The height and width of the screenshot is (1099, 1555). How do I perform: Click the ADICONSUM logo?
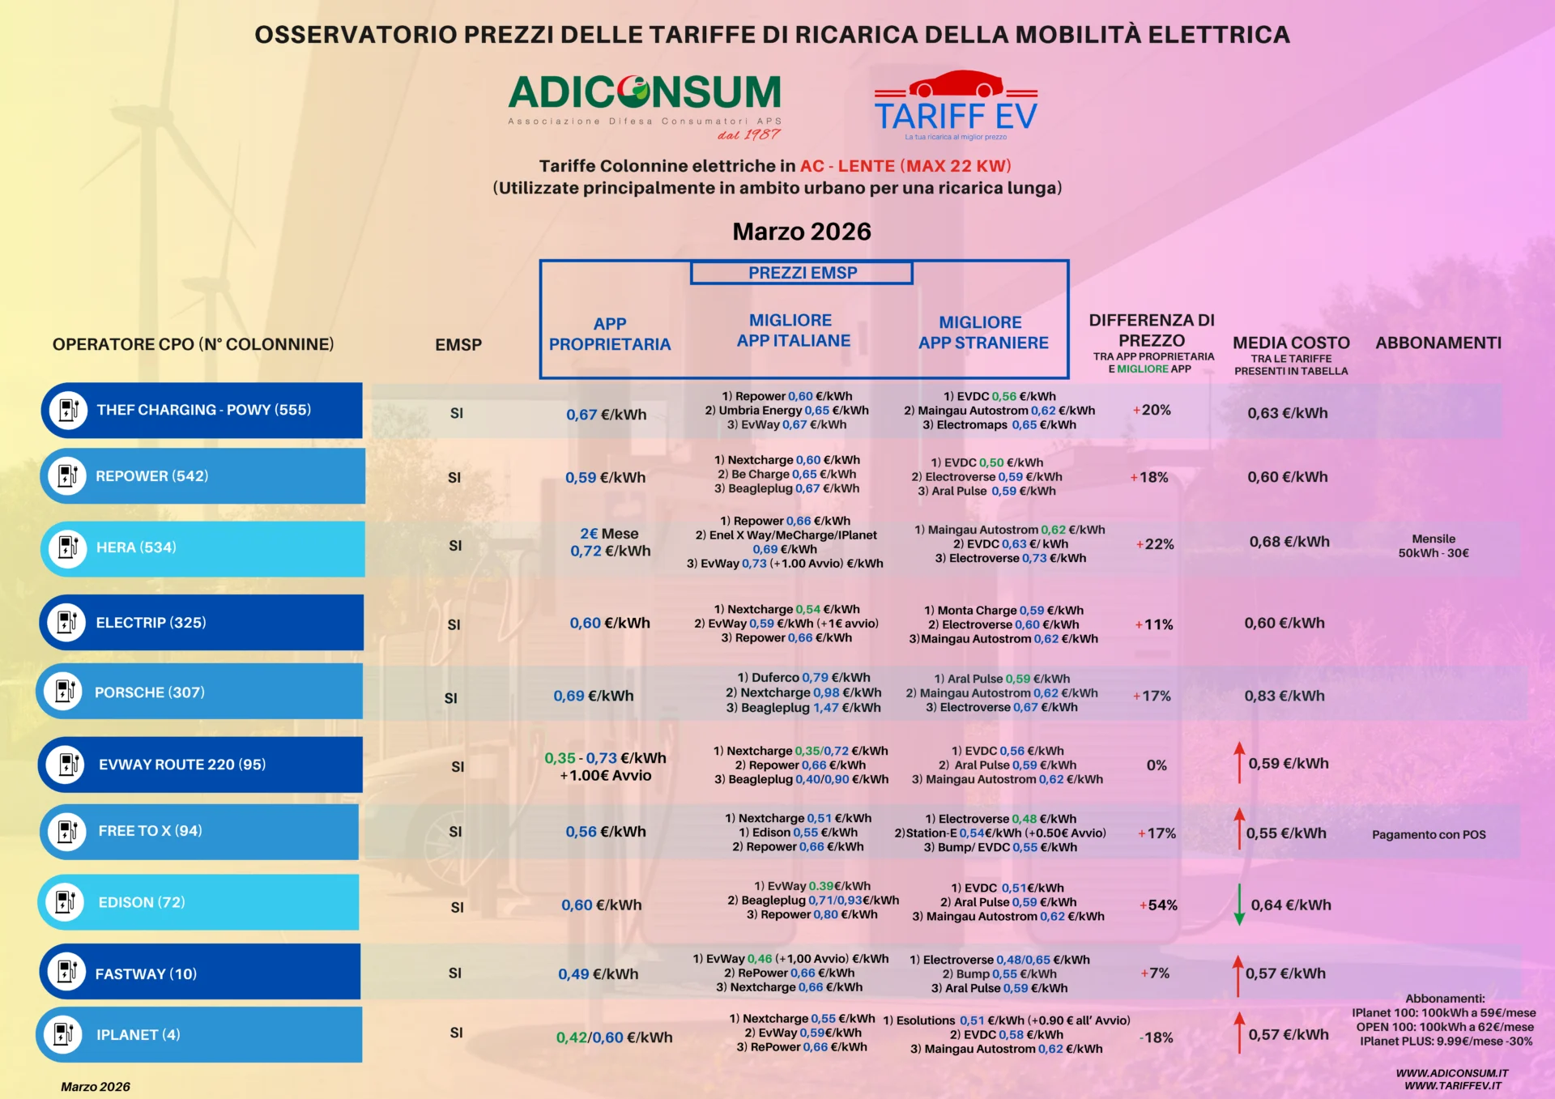click(645, 94)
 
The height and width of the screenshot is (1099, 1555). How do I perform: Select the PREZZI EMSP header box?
click(802, 273)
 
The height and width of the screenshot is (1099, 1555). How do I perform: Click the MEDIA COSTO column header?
click(1291, 343)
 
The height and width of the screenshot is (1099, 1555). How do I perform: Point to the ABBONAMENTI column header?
click(1438, 343)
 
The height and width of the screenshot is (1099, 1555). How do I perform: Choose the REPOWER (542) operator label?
click(152, 476)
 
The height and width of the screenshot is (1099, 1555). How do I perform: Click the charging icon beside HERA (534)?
click(68, 547)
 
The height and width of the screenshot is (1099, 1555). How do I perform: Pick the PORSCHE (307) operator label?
click(150, 692)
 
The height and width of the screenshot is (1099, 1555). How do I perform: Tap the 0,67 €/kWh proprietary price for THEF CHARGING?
click(606, 415)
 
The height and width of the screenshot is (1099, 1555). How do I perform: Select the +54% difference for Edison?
click(1158, 905)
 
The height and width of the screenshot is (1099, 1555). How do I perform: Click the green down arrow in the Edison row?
click(1239, 905)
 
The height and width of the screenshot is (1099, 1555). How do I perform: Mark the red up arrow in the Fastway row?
click(1238, 975)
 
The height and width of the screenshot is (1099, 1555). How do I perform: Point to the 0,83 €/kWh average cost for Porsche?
click(1284, 696)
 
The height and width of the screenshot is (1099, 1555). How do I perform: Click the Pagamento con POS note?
click(1429, 835)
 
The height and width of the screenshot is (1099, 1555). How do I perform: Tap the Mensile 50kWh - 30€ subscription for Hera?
click(1434, 546)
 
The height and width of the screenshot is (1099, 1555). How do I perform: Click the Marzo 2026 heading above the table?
click(802, 232)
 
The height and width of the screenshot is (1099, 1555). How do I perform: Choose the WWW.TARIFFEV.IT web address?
click(1453, 1086)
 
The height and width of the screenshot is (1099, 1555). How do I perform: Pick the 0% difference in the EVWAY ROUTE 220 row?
click(1157, 765)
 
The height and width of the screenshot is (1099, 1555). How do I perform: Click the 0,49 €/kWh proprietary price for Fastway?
click(598, 974)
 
